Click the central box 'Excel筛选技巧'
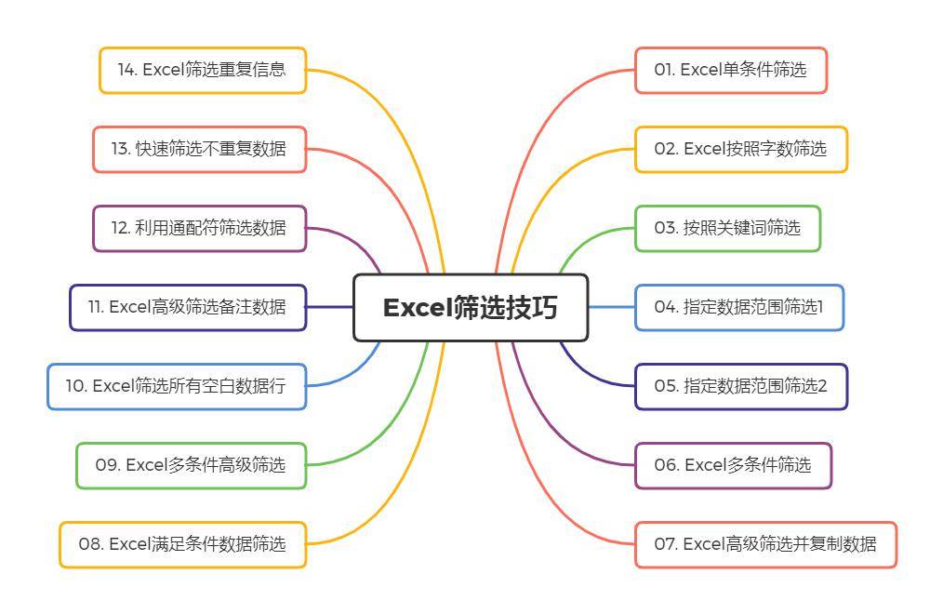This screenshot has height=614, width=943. tap(471, 307)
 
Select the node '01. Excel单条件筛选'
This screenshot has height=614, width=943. tap(731, 70)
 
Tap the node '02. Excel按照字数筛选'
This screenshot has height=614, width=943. tap(741, 149)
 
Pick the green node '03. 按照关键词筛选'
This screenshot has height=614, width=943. tap(727, 228)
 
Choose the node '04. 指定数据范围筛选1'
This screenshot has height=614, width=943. tap(739, 307)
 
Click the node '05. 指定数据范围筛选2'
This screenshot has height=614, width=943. tap(741, 386)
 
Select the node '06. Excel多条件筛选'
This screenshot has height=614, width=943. tap(733, 465)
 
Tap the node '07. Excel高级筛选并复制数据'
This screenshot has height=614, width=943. tap(765, 544)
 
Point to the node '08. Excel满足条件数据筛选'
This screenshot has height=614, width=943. tap(183, 544)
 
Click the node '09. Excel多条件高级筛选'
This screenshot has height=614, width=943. tap(192, 465)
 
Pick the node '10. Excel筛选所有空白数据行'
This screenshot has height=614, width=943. tap(177, 386)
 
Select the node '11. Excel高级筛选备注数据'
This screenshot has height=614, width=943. tap(188, 307)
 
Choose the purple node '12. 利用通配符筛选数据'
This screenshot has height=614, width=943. tap(200, 228)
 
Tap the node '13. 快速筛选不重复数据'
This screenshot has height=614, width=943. tap(200, 149)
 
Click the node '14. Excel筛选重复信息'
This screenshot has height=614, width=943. tap(203, 70)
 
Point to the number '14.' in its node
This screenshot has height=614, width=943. tap(127, 70)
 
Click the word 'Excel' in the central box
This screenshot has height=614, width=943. tap(418, 307)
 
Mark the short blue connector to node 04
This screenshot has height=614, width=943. tap(612, 307)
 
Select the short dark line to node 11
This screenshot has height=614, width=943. tap(329, 307)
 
